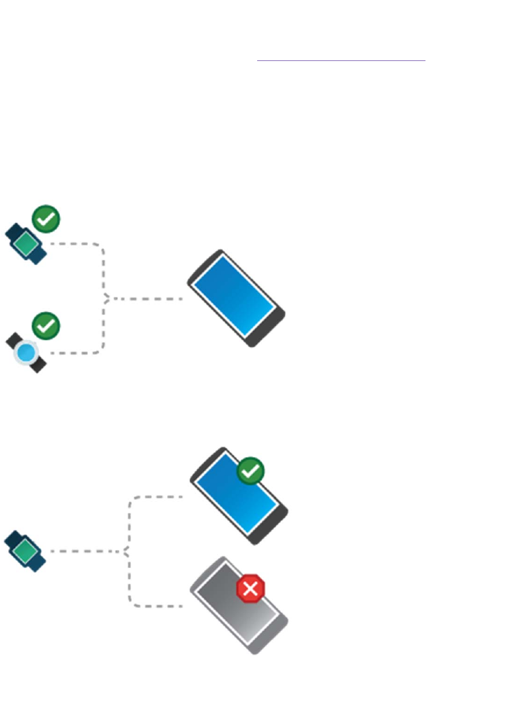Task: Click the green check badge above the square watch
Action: [46, 219]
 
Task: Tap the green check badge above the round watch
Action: [46, 326]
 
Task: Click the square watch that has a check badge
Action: [26, 243]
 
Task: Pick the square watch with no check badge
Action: [26, 550]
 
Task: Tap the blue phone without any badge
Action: [236, 298]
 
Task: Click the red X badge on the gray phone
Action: [250, 590]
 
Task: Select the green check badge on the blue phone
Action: [250, 471]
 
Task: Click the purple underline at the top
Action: [341, 60]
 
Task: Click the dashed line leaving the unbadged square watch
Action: [81, 550]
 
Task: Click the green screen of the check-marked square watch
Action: [26, 242]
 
